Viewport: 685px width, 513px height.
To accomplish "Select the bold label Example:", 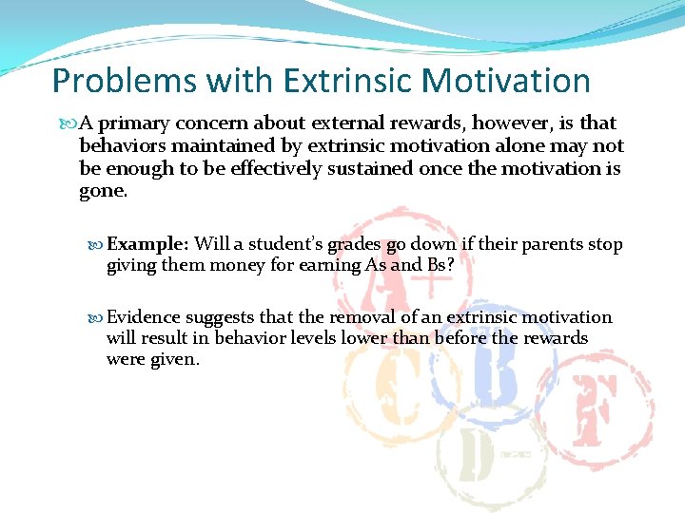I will point(147,245).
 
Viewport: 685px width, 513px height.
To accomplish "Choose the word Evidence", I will point(144,317).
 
